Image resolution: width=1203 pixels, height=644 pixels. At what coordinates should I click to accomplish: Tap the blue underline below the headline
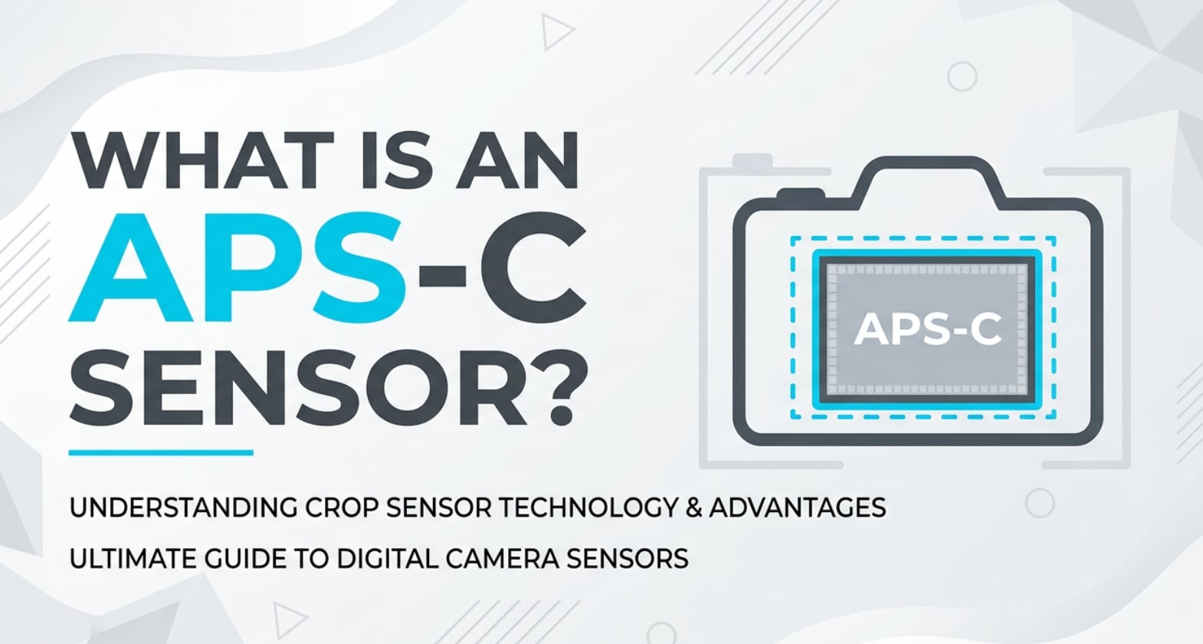161,452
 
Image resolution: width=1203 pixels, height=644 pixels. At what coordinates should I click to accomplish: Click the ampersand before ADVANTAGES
693,508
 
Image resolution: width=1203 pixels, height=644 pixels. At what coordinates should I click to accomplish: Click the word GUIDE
247,558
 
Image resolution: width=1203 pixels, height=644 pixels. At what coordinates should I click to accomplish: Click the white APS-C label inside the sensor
927,330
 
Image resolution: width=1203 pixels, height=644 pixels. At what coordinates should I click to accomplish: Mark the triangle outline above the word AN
556,32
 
